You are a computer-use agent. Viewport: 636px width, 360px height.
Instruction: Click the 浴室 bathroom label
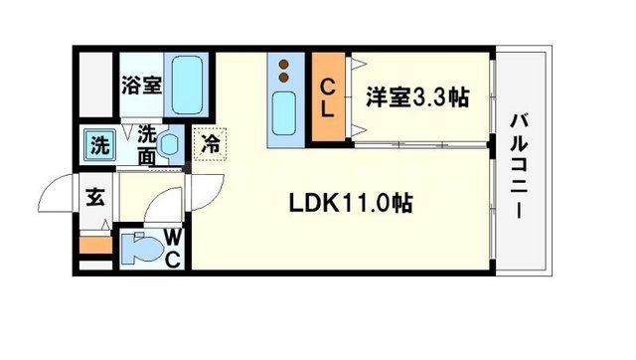tap(141, 85)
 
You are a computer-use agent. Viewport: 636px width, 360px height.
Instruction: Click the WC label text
tap(171, 249)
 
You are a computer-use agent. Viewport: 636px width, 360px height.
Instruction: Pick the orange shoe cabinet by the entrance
tap(94, 244)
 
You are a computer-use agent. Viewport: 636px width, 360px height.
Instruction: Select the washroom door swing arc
tap(159, 207)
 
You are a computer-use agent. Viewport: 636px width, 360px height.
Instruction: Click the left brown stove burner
tap(282, 64)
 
